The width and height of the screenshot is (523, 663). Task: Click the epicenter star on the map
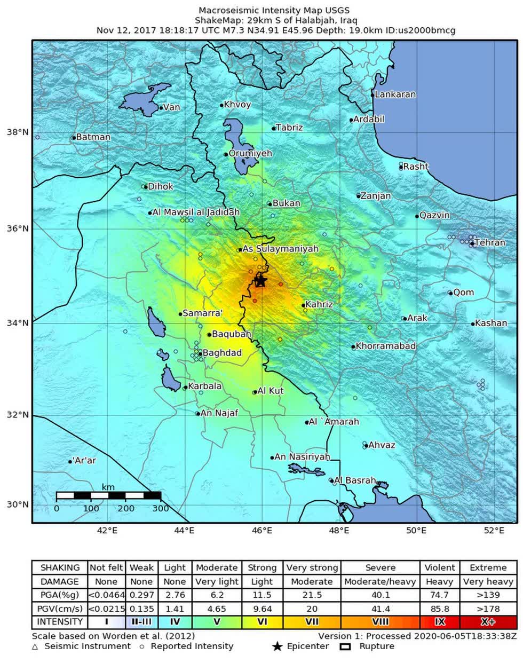[260, 281]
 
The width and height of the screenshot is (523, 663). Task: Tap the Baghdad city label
[222, 353]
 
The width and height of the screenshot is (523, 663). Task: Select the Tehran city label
[489, 242]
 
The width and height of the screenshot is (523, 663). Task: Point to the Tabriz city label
[289, 128]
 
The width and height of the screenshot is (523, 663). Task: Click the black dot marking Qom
[450, 293]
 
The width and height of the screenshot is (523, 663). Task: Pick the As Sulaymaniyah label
[280, 249]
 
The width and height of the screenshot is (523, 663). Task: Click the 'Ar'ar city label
[84, 460]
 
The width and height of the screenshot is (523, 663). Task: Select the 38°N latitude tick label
[18, 132]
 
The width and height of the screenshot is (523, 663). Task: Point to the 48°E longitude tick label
[339, 530]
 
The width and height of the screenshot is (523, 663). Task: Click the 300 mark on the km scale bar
[161, 508]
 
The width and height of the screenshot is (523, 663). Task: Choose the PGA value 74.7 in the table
[440, 595]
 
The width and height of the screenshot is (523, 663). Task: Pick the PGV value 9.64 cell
[262, 609]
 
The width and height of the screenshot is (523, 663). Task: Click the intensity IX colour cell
[440, 622]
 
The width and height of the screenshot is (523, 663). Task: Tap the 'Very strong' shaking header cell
[312, 567]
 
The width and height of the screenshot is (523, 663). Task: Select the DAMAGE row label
[60, 581]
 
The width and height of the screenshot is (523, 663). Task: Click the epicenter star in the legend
[277, 646]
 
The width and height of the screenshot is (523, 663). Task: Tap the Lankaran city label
[395, 94]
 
